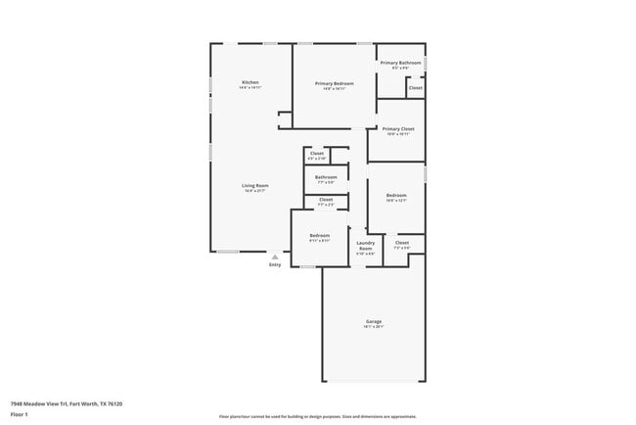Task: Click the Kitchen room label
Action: (x=250, y=82)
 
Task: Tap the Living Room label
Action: (x=255, y=185)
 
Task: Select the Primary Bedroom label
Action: (x=334, y=83)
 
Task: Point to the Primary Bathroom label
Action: (x=400, y=63)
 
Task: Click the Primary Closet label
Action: (x=397, y=128)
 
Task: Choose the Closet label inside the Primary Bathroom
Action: (x=415, y=87)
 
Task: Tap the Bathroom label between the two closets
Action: (x=325, y=177)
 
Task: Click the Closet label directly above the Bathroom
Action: (x=317, y=153)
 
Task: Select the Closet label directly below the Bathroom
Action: (x=326, y=199)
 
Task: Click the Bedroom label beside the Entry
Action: (x=319, y=235)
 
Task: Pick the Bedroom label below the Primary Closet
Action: (x=395, y=195)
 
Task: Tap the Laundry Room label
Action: (x=365, y=246)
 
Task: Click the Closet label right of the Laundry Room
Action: (x=401, y=242)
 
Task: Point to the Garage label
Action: (x=374, y=321)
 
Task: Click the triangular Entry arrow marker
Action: (x=274, y=258)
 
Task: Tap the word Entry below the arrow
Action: (x=274, y=265)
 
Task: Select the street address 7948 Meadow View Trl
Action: (x=39, y=403)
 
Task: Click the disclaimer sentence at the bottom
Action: (x=317, y=415)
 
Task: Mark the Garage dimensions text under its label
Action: (x=374, y=327)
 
